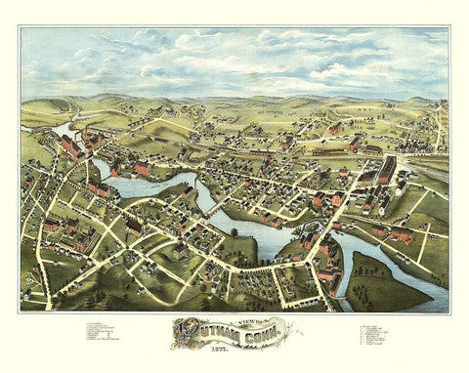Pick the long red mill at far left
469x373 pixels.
click(70, 147)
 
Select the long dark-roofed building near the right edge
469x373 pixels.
click(387, 171)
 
